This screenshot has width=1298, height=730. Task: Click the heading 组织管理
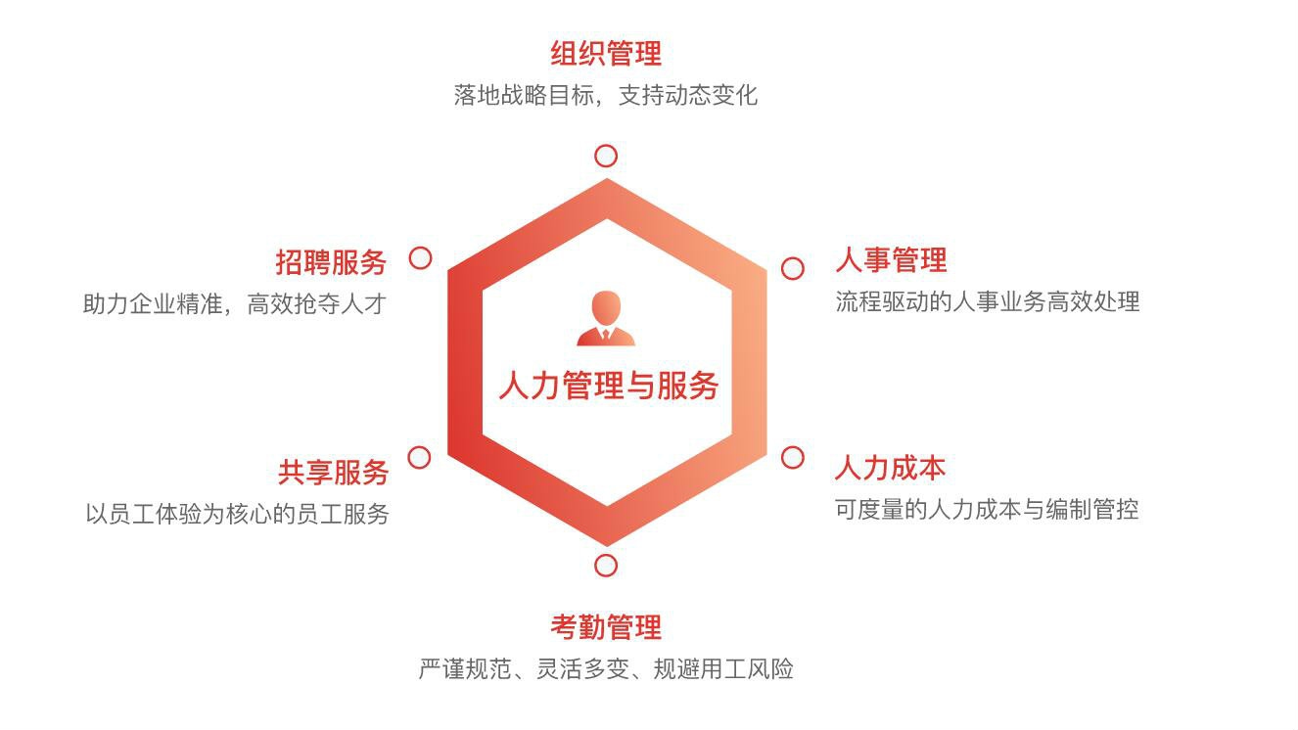pyautogui.click(x=606, y=53)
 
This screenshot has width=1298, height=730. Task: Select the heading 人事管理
pyautogui.click(x=891, y=259)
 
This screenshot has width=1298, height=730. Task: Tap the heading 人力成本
pyautogui.click(x=890, y=468)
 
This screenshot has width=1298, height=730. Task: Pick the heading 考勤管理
pyautogui.click(x=606, y=627)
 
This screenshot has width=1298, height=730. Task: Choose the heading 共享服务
pyautogui.click(x=333, y=473)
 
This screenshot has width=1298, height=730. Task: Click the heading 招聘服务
pyautogui.click(x=331, y=262)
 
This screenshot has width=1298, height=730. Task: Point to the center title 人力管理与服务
pyautogui.click(x=609, y=386)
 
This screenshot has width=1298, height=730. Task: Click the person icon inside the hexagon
pyautogui.click(x=606, y=318)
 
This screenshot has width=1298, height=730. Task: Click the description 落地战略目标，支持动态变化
pyautogui.click(x=606, y=95)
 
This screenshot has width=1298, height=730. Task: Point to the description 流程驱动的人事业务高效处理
pyautogui.click(x=988, y=301)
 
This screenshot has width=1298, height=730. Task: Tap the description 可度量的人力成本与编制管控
pyautogui.click(x=987, y=509)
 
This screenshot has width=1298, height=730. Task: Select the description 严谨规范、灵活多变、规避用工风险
pyautogui.click(x=606, y=668)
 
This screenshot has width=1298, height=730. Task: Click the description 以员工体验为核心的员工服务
pyautogui.click(x=237, y=514)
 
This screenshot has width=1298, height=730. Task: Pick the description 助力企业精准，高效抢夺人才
pyautogui.click(x=235, y=304)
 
